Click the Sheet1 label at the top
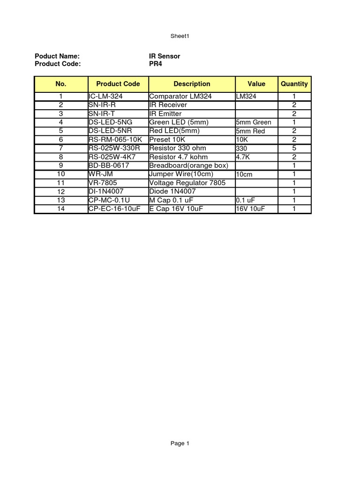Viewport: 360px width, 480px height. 180,36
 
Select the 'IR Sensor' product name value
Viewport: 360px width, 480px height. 165,56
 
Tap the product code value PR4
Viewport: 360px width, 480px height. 156,64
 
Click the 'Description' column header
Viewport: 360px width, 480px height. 192,84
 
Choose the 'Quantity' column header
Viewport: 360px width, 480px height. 294,84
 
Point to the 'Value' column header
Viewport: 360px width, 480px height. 256,84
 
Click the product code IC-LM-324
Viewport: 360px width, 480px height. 105,97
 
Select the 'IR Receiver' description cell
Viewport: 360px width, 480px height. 168,105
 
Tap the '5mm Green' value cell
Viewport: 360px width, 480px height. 254,122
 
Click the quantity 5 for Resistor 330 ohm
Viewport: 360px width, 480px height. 294,148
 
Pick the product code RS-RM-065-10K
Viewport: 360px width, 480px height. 115,140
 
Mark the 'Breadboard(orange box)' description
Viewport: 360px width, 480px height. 188,165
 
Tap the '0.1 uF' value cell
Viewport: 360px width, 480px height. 246,200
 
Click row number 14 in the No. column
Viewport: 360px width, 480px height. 61,209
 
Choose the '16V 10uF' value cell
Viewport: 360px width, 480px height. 251,209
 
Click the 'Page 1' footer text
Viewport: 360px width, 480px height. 180,443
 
